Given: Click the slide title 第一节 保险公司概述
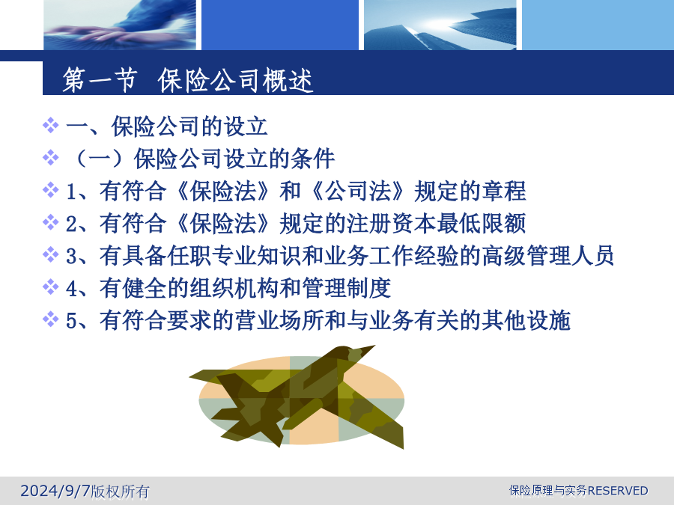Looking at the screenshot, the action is [x=187, y=80].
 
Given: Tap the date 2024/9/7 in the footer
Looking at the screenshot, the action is [x=55, y=490].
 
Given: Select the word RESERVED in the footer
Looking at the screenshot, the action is [x=618, y=490].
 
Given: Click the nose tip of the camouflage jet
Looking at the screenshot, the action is [x=374, y=346].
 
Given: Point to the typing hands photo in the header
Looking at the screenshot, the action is [x=120, y=25].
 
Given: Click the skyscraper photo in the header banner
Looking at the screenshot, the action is [x=440, y=25].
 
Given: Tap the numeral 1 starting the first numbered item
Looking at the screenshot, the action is [x=71, y=192].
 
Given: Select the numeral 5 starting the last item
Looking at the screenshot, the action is [x=71, y=321].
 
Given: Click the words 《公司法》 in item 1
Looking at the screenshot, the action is [x=358, y=191].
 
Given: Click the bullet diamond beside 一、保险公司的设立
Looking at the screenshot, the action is [x=51, y=126].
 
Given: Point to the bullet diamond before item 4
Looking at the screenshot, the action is [x=51, y=287].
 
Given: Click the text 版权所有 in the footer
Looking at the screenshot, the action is [x=121, y=492].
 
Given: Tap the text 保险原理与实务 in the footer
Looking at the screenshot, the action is [x=548, y=490].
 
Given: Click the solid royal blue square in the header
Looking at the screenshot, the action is [x=280, y=25].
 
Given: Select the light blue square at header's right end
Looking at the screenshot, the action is [x=598, y=25].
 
